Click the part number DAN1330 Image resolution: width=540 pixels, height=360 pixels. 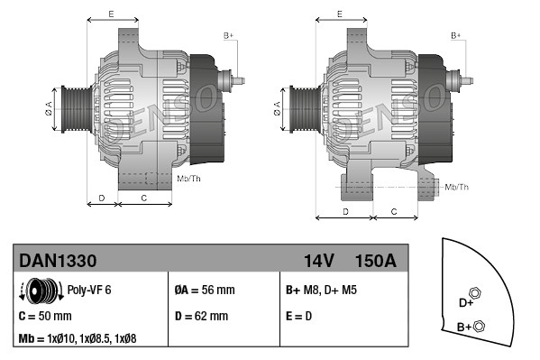tap(58, 261)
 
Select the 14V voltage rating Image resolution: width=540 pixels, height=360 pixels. tap(318, 261)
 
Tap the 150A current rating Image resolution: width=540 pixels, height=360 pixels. tap(375, 261)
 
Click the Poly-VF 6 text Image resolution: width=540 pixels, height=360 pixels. tap(89, 291)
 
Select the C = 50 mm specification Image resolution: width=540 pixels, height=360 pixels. tap(45, 317)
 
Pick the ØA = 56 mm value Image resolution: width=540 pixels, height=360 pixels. tap(204, 291)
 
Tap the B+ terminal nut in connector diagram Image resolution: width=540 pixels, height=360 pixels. tap(479, 326)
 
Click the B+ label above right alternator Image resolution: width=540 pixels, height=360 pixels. tap(456, 35)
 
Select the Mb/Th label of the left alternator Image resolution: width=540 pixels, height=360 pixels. tap(188, 179)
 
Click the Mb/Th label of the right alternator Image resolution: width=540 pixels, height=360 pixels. tap(456, 187)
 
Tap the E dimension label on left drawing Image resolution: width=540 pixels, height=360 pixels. tap(111, 14)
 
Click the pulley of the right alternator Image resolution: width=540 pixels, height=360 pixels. tap(296, 107)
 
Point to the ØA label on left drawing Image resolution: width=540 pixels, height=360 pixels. tap(49, 107)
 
